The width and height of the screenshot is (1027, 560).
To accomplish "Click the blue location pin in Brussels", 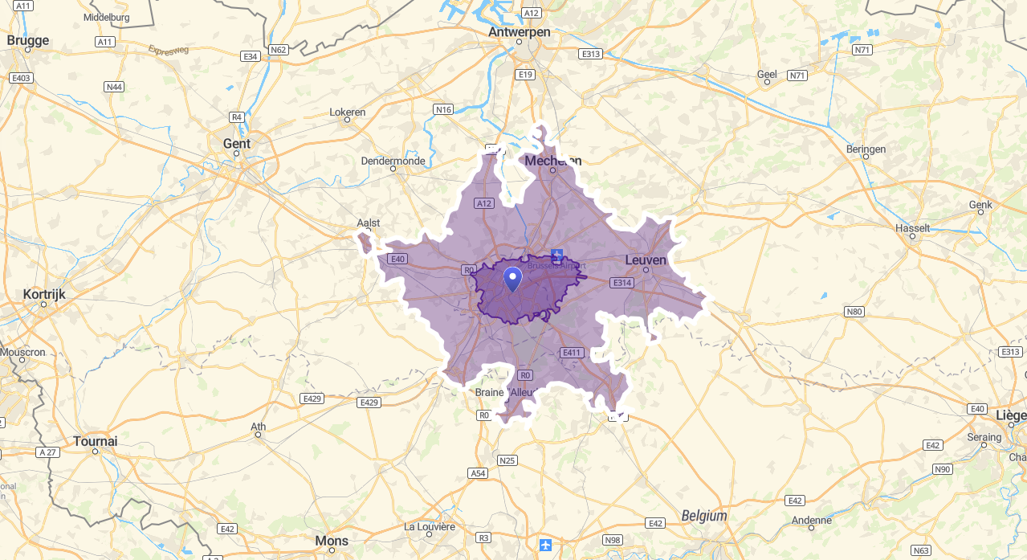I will (512, 280).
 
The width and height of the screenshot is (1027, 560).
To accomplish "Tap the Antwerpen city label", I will (520, 32).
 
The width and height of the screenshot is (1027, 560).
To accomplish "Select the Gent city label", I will (236, 144).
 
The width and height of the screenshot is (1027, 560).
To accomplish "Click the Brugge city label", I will (27, 40).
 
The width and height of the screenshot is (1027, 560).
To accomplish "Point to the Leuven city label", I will (646, 260).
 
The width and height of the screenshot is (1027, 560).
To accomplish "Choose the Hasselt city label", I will (912, 228).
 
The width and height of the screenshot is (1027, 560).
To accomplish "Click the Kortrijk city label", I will (44, 294).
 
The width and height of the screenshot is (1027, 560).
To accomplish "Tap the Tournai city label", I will (95, 441).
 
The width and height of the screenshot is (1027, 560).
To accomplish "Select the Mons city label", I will (332, 541).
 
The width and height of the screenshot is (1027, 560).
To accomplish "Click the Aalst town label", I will (369, 223).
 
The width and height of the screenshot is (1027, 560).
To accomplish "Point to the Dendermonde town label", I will (393, 161).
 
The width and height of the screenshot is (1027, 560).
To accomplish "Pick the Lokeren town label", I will (348, 112).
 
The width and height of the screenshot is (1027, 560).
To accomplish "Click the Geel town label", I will (767, 74).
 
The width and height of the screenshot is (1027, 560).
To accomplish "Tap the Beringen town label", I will (866, 149).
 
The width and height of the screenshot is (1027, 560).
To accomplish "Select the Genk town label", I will (980, 205).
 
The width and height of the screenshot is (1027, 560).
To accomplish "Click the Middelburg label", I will (106, 17).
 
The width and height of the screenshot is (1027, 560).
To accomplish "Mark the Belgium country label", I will (703, 516).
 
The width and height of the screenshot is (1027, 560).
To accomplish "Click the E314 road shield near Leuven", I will (621, 283).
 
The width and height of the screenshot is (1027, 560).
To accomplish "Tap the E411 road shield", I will (572, 353).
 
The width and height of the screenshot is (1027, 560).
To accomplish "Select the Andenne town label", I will (811, 520).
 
